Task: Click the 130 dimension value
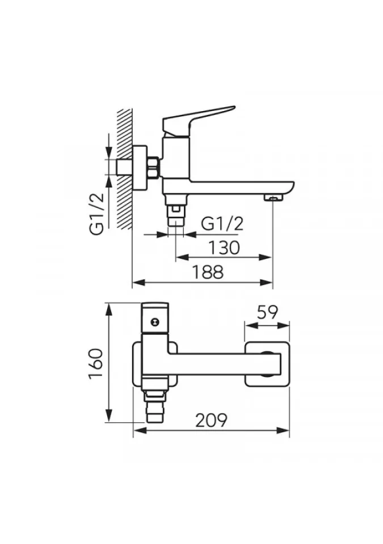(224, 248)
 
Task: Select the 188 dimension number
(208, 273)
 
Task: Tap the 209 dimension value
(211, 420)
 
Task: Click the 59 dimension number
(267, 312)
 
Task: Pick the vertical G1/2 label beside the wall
(97, 214)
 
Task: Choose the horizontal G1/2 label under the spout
(222, 224)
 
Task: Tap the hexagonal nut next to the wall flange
(153, 167)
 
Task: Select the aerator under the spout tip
(274, 198)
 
